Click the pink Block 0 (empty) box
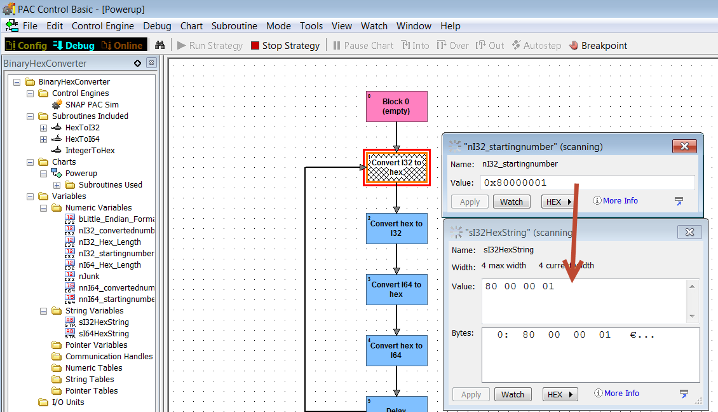tap(396, 106)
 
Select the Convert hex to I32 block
tap(396, 228)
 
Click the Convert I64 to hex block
tap(396, 289)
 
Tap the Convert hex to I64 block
tap(396, 350)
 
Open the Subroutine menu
tap(234, 26)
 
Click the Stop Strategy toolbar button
tap(285, 45)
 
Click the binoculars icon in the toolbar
tap(159, 45)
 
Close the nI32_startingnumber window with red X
tap(684, 146)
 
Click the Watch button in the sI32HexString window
tap(512, 394)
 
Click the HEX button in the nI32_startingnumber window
tap(558, 202)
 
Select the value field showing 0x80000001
tap(588, 182)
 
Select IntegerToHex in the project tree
tap(90, 150)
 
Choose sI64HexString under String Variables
tap(104, 334)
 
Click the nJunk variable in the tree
tap(89, 277)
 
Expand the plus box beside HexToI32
tap(43, 128)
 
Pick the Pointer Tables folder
tap(91, 391)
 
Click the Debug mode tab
tap(74, 45)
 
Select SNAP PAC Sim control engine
tap(91, 104)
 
